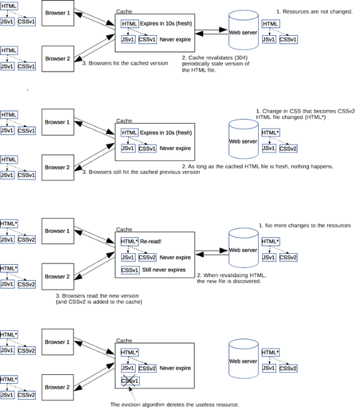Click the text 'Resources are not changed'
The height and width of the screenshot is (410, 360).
(x=317, y=12)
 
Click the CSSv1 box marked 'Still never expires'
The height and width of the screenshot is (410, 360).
(x=130, y=270)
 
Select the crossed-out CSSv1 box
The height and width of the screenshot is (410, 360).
(x=130, y=382)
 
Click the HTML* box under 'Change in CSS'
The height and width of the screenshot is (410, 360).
(x=269, y=133)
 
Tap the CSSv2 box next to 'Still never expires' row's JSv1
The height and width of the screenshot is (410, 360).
(x=147, y=257)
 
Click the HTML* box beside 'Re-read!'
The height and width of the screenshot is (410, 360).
(x=129, y=241)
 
